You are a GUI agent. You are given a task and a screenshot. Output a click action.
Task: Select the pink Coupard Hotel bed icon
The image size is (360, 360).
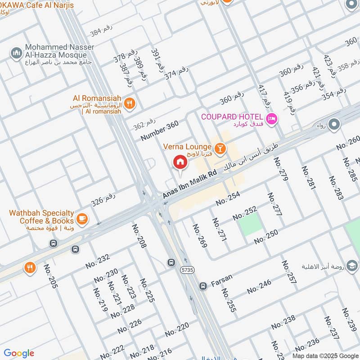[x=272, y=119]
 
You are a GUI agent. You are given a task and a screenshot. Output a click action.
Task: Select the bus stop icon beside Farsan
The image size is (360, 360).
[x=203, y=285]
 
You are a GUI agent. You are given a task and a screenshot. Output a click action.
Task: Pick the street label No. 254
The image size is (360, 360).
[x=228, y=198]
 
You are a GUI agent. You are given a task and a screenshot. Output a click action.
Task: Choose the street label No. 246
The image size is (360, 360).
[x=259, y=287]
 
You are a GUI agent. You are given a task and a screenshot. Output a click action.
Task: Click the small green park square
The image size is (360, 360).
[x=250, y=224]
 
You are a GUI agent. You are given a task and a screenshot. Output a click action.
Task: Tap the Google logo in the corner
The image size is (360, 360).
[x=19, y=353]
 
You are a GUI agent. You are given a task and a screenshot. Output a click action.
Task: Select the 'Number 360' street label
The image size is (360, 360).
[x=159, y=131]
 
